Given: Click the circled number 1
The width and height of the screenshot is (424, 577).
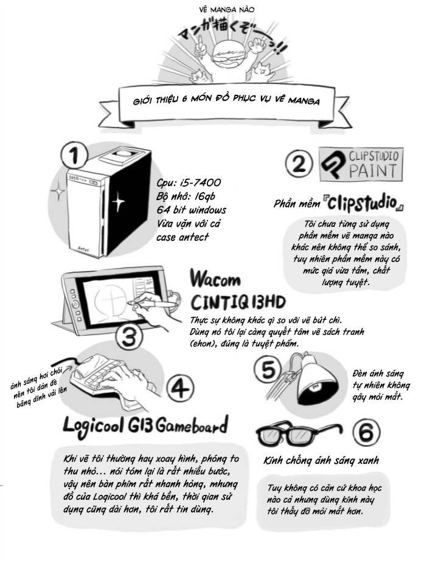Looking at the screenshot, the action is click(74, 155).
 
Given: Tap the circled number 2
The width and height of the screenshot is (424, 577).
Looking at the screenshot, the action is click(299, 164).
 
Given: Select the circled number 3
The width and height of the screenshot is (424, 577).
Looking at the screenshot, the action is click(129, 337).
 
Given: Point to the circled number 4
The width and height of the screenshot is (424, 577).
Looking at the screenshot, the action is click(180, 389).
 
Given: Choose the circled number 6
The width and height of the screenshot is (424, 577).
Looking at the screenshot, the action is click(366, 432).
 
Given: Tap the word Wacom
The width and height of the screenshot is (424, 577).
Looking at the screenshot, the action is click(215, 278).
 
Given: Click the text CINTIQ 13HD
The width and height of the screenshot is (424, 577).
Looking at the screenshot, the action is click(238, 302).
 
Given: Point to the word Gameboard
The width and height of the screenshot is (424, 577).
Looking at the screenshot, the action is click(192, 426).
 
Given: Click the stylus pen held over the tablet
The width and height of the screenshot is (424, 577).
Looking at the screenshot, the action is click(155, 303).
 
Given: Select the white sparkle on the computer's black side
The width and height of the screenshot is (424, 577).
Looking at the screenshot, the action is click(118, 201).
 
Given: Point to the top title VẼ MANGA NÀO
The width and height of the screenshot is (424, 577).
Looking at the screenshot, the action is click(227, 10).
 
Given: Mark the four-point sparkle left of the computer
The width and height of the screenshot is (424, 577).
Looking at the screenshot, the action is click(57, 191).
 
